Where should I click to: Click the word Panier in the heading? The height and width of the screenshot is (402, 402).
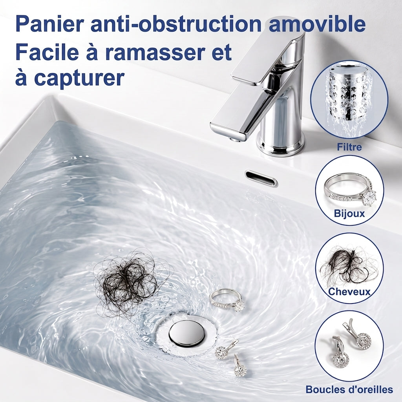click(49, 24)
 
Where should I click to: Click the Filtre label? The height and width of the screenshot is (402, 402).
click(349, 147)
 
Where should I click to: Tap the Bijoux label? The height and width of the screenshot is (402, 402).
click(349, 213)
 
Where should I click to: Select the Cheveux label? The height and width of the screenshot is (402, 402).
click(349, 292)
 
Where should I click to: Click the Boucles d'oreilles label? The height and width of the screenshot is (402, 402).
click(349, 389)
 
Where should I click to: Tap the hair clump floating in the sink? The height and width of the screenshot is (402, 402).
click(128, 282)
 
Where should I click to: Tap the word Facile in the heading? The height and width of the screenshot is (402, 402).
click(47, 52)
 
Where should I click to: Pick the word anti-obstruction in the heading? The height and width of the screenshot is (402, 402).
click(177, 24)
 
